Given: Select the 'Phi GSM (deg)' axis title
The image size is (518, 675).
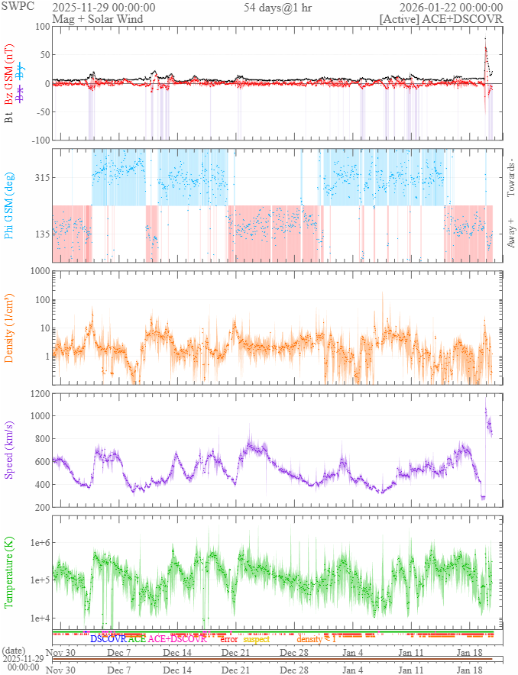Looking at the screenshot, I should click(10, 205).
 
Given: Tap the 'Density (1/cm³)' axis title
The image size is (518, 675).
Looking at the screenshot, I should click(10, 327).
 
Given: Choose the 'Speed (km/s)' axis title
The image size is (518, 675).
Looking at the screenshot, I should click(10, 451).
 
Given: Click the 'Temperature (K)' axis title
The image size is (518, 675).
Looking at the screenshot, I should click(10, 572).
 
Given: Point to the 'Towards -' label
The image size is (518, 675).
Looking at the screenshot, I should click(511, 176).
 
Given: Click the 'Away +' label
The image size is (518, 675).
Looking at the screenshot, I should click(511, 233).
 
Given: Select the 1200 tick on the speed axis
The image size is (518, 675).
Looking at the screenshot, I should click(36, 393).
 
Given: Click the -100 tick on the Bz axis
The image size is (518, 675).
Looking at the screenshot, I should click(37, 140).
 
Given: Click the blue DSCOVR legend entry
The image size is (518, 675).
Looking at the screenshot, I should click(108, 638).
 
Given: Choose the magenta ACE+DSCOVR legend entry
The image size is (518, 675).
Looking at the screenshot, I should click(177, 638).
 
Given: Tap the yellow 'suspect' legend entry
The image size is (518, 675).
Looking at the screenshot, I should click(257, 638).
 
